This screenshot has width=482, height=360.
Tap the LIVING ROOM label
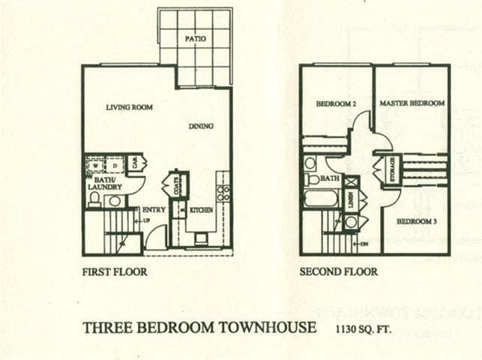pyautogui.click(x=129, y=107)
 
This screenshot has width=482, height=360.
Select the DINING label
pyautogui.click(x=201, y=126)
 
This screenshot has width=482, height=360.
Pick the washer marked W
pyautogui.click(x=94, y=165)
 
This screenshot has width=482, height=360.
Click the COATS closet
pyautogui.click(x=176, y=184)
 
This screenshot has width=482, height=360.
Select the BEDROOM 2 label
pyautogui.click(x=335, y=103)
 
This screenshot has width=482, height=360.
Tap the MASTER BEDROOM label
pyautogui.click(x=412, y=103)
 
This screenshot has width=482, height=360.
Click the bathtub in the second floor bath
pyautogui.click(x=321, y=198)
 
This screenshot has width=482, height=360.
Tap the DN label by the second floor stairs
pyautogui.click(x=364, y=244)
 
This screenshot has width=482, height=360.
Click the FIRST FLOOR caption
pyautogui.click(x=114, y=272)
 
